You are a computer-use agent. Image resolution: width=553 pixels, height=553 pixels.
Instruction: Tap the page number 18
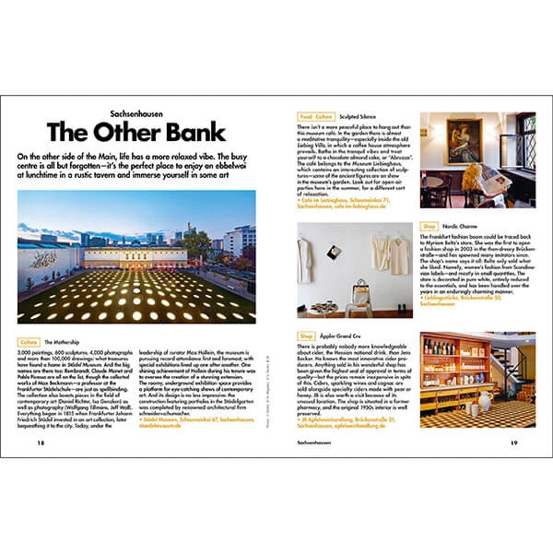tap(41, 441)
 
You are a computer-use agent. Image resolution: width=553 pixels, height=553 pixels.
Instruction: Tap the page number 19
tap(513, 441)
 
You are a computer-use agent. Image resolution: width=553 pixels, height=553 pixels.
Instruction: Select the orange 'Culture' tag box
tap(29, 341)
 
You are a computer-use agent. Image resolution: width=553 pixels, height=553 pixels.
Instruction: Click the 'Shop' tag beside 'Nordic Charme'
tap(429, 225)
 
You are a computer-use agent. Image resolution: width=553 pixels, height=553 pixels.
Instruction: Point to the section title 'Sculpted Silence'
tap(359, 118)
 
